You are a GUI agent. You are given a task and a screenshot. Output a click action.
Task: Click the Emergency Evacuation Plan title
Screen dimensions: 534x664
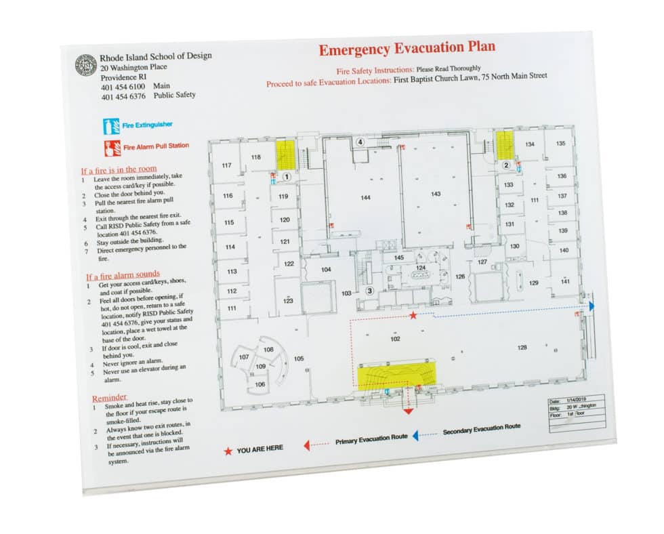pos(407,49)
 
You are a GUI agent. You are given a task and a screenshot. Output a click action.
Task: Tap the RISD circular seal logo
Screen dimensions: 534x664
pos(85,65)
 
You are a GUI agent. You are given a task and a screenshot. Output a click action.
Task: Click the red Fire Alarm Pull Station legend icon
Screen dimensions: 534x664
pos(108,146)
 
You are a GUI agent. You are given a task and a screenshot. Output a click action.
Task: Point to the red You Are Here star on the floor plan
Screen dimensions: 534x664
pos(413,315)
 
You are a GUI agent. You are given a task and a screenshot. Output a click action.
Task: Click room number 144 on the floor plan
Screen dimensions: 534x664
pos(365,197)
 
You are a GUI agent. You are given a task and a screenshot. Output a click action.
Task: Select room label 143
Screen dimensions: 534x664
pos(436,194)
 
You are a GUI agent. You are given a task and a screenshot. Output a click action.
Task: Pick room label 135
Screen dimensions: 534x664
pos(560,144)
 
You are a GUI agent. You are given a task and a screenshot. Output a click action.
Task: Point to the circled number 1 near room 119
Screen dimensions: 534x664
pos(287,176)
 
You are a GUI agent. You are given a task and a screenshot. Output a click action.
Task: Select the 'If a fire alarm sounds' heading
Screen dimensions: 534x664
pos(123,275)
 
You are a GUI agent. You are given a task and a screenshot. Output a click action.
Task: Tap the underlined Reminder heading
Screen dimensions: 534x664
pos(109,397)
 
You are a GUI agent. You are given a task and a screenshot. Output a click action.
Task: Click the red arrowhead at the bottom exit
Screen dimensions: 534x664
pos(408,410)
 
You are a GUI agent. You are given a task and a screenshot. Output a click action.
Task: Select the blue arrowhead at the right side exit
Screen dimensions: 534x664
pos(592,306)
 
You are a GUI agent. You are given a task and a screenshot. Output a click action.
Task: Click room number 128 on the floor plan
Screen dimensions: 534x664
pos(522,348)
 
